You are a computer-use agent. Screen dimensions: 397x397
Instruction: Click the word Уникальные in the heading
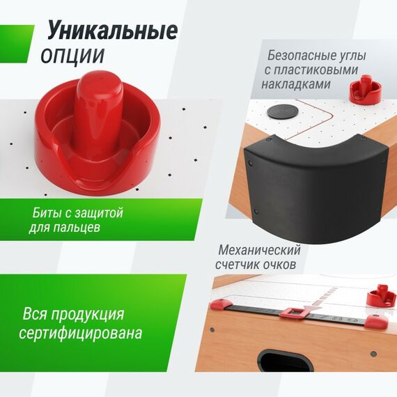coord(112,31)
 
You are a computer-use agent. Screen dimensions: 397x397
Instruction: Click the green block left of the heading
coord(17,42)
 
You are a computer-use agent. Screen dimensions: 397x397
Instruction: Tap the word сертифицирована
coord(81,333)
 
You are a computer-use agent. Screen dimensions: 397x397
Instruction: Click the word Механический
coord(259,250)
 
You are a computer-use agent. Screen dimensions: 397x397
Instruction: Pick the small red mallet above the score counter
coord(380,296)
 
